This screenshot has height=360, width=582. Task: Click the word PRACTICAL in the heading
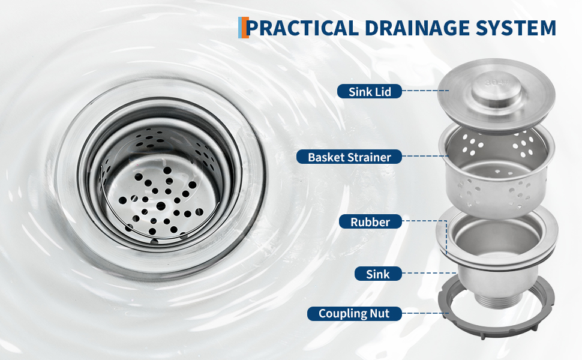coord(302,28)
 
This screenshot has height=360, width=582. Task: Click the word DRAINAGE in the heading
coord(416,28)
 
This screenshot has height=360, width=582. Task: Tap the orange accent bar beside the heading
coord(245,28)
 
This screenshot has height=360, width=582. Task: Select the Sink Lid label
coord(370,91)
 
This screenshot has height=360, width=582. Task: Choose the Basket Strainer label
coord(349,157)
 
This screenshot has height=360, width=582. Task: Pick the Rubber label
coord(370,221)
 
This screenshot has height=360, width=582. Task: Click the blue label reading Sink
coord(378,274)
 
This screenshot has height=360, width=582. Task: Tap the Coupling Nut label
coord(354,314)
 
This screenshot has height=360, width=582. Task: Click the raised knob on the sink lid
coord(496,92)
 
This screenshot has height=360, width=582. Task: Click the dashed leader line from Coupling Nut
coord(425,314)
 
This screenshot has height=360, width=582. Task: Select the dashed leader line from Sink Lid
coord(425,91)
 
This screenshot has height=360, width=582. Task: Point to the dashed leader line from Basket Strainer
coord(425,156)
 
